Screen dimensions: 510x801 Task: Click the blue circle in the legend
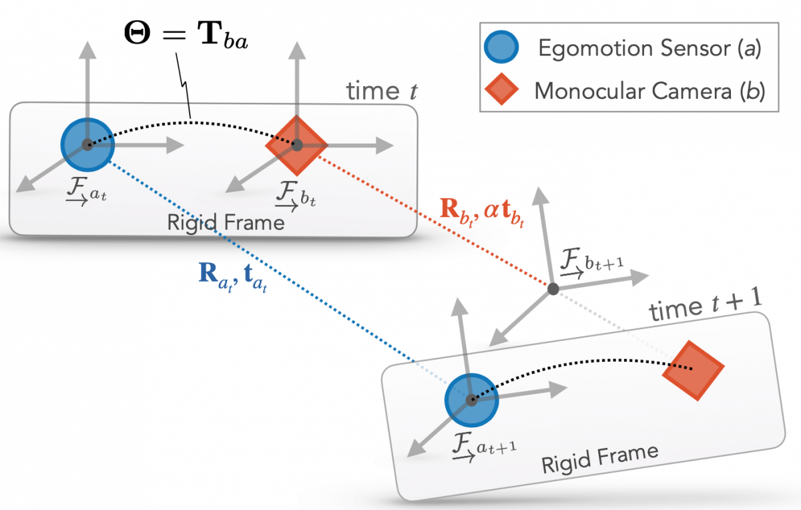tap(501, 49)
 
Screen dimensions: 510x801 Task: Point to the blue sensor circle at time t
tap(86, 144)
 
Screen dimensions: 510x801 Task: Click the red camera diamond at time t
tap(297, 144)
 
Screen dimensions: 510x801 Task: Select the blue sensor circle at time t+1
tap(471, 399)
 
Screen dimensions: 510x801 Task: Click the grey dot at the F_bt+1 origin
tap(553, 288)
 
